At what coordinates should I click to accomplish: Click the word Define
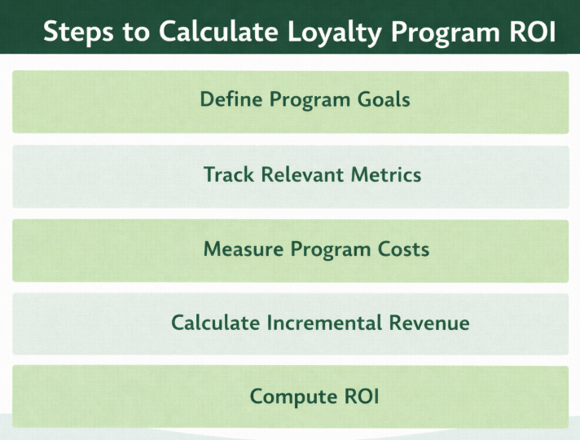pos(231,100)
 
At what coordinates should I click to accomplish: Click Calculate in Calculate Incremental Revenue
pos(216,323)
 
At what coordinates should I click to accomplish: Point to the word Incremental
pos(324,323)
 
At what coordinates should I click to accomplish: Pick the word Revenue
pos(428,323)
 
